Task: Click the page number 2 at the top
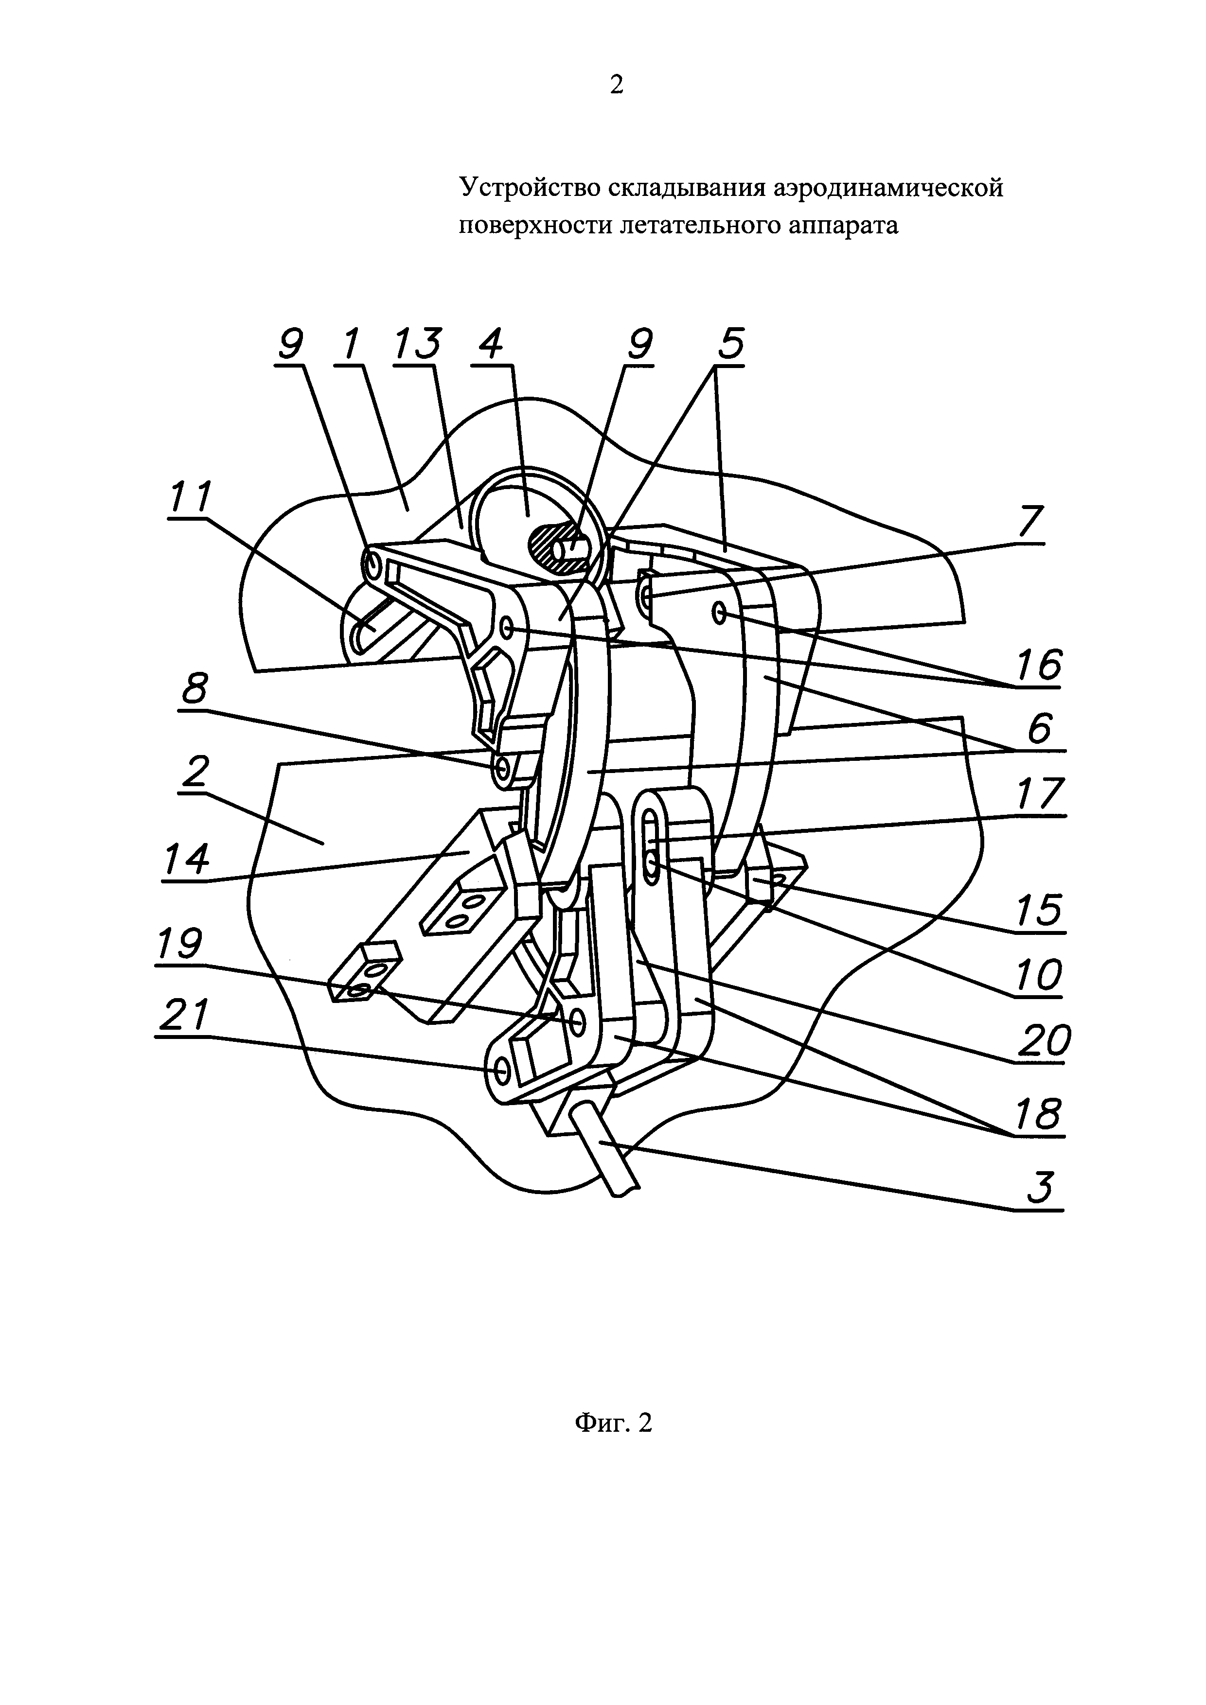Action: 616,86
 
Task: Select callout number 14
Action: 185,859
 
